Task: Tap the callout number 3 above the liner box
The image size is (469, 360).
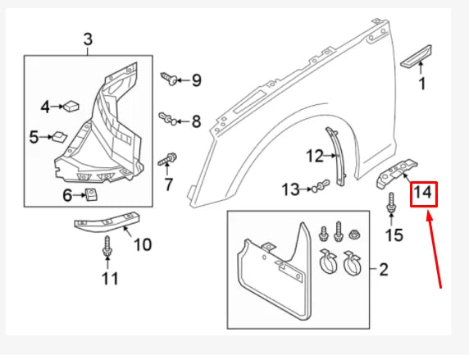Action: pos(88,39)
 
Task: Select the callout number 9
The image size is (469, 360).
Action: pos(196,80)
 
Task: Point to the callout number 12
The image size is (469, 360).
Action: pos(316,155)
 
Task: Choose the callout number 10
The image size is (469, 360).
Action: pos(142,244)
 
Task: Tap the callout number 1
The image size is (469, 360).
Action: pos(422,83)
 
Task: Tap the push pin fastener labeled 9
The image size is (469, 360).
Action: pos(171,80)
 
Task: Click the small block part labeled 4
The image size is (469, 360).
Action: pos(70,105)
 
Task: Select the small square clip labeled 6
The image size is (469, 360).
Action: pos(92,194)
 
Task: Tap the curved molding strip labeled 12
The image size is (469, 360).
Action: pos(337,155)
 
